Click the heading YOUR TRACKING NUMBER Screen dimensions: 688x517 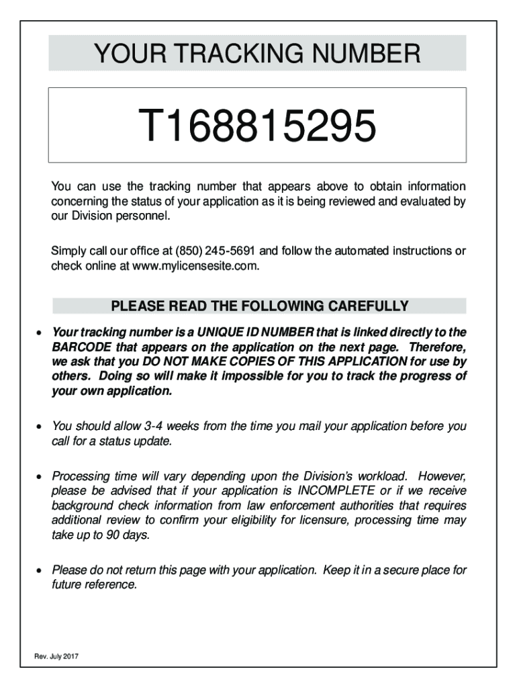pos(257,53)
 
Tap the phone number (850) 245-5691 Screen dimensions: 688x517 pos(216,251)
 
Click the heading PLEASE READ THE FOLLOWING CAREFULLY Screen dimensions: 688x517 pos(259,307)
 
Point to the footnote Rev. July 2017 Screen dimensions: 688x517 pos(57,656)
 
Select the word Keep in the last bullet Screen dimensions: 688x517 pos(336,570)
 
